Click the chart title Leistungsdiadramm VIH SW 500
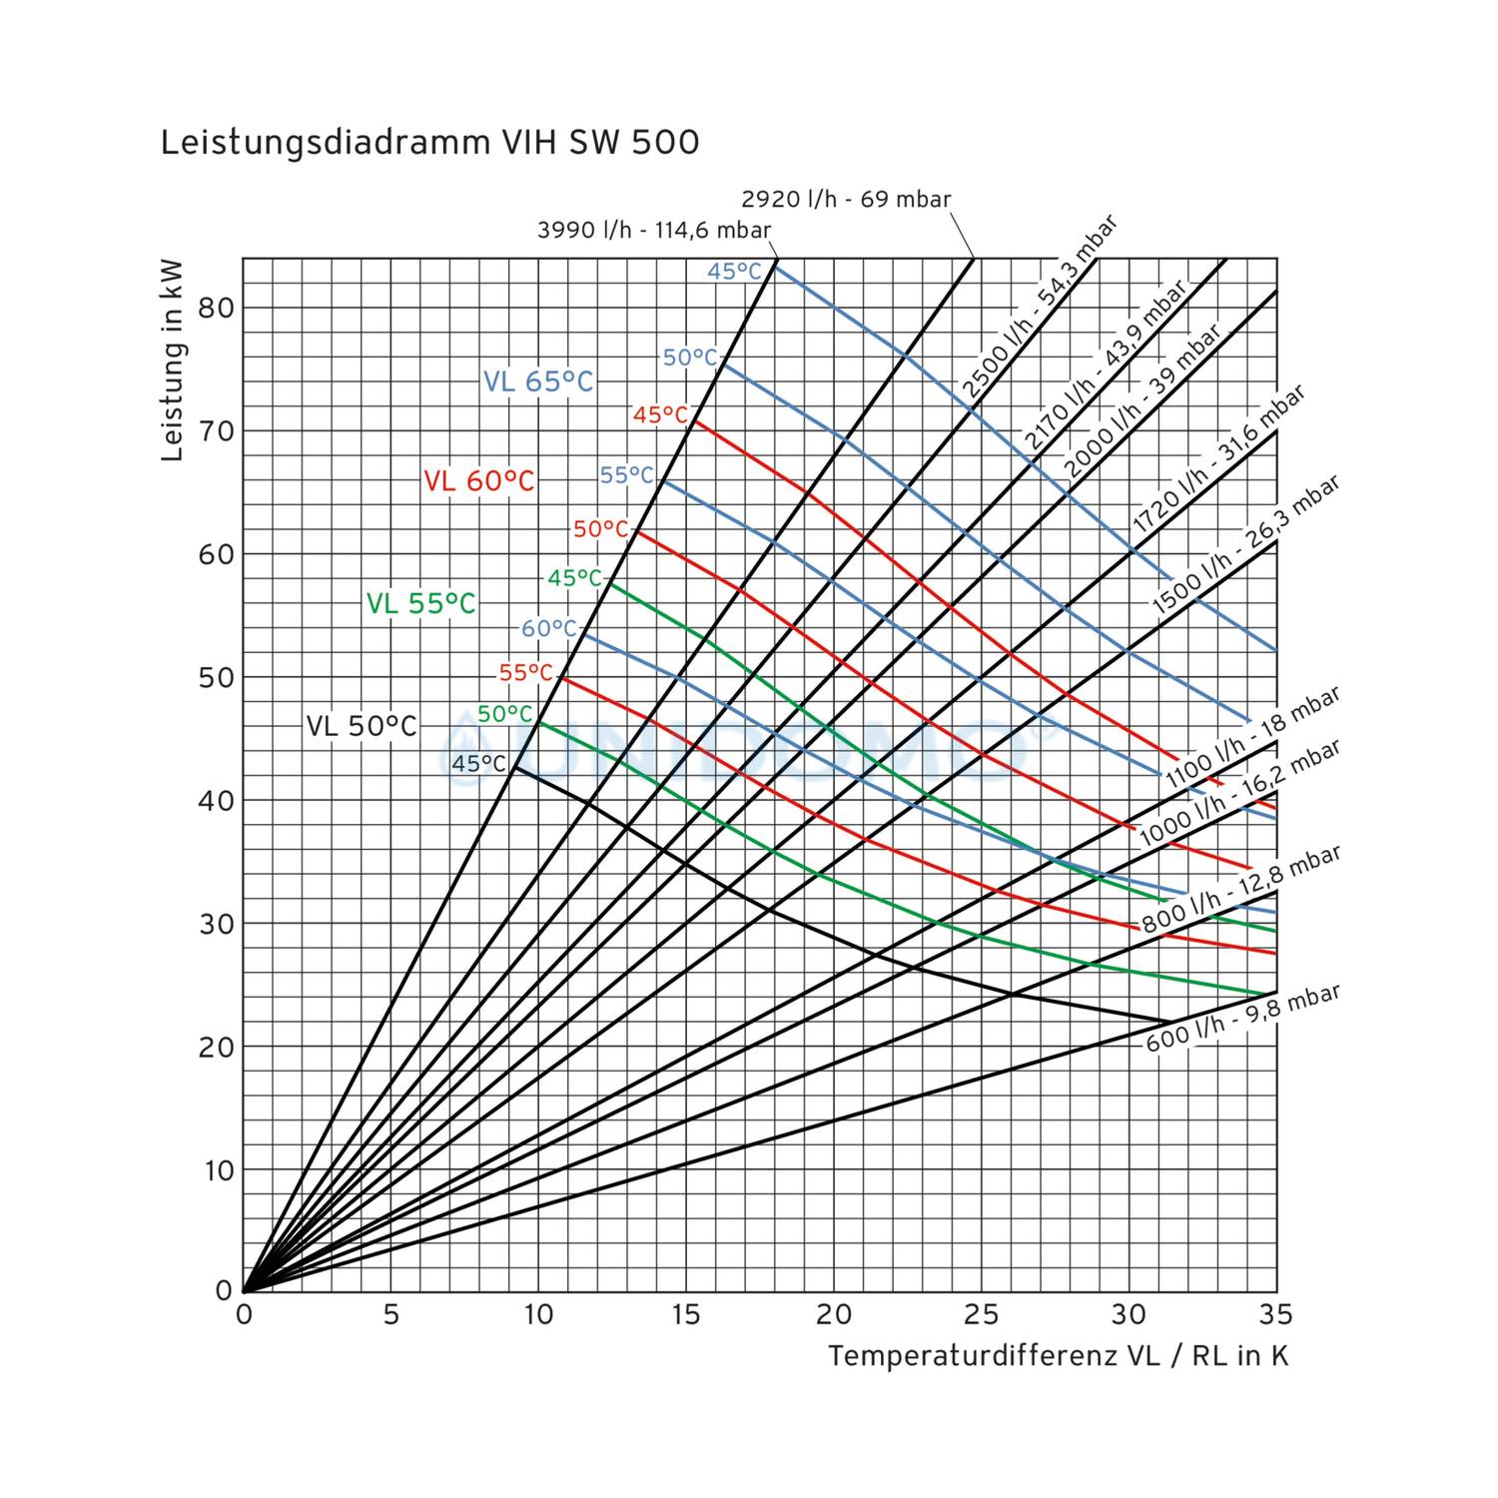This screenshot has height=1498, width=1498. tap(429, 143)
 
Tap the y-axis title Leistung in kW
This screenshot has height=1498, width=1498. tap(173, 361)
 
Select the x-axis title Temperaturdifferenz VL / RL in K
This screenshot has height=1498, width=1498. tap(1058, 1355)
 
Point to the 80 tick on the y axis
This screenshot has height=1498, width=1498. tap(216, 308)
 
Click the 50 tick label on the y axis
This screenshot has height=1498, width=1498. tap(216, 677)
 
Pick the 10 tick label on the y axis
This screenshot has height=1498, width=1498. tap(218, 1169)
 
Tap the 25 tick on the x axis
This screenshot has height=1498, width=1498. tap(982, 1314)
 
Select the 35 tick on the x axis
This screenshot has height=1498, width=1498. tap(1275, 1314)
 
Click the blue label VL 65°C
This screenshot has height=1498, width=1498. tap(538, 381)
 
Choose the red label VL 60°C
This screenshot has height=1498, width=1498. tap(479, 481)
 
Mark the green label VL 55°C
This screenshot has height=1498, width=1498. tap(420, 603)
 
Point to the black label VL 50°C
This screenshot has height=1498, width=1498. tap(361, 726)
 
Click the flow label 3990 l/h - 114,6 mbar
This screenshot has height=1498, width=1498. tap(654, 230)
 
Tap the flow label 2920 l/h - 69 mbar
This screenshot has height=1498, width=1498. tap(846, 199)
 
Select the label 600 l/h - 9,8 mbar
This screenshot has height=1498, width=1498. tap(1241, 1018)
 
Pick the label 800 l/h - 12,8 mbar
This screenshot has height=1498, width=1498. tap(1240, 888)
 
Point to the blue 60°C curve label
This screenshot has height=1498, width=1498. tap(549, 628)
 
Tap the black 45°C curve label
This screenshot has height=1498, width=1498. tap(479, 764)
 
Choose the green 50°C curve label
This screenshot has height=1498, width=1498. tap(505, 714)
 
